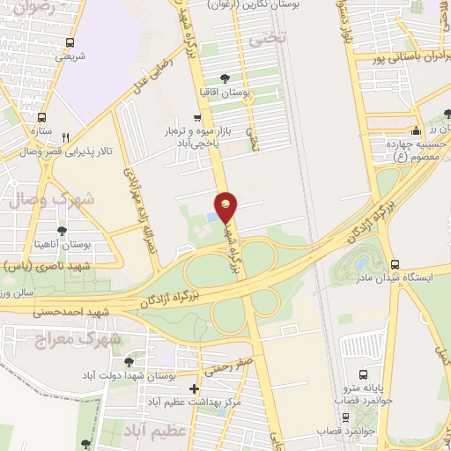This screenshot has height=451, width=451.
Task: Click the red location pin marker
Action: pyautogui.click(x=226, y=206)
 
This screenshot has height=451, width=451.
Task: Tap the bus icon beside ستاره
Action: pyautogui.click(x=41, y=117)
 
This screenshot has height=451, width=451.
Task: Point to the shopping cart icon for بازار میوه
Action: pyautogui.click(x=197, y=116)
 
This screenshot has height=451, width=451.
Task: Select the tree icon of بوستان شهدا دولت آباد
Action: pyautogui.click(x=129, y=361)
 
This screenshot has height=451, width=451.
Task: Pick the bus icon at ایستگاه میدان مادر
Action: pyautogui.click(x=394, y=264)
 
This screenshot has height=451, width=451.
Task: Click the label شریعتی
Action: pyautogui.click(x=70, y=56)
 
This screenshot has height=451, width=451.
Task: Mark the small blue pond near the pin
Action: pyautogui.click(x=211, y=218)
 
